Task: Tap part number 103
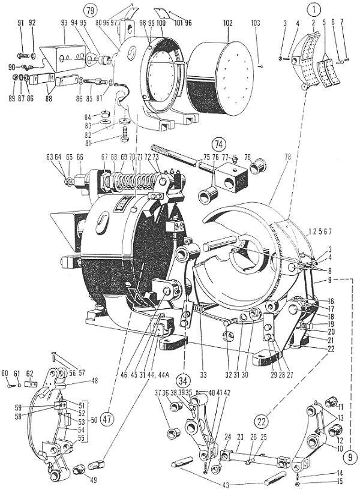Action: click(256, 23)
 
